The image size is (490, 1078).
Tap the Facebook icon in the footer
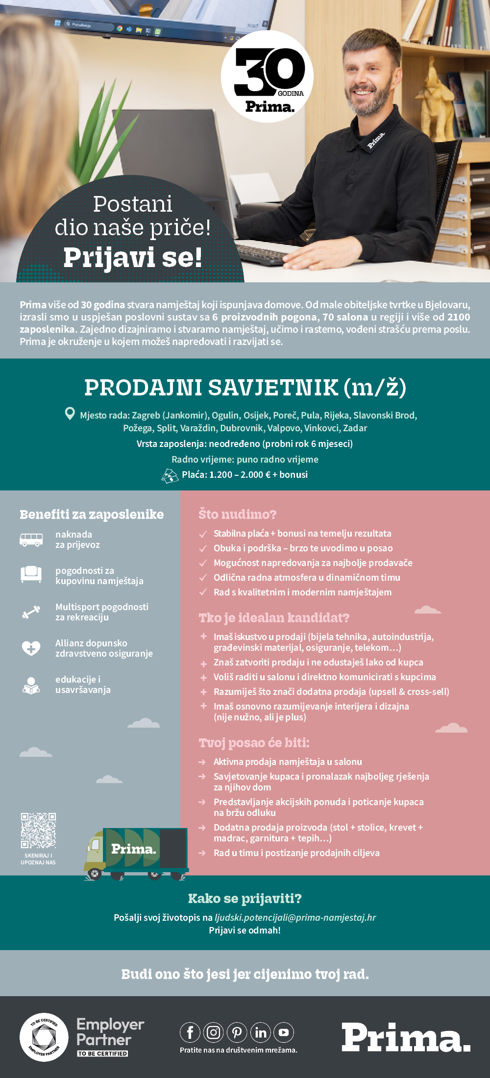pyautogui.click(x=190, y=1032)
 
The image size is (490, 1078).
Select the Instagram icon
pyautogui.click(x=214, y=1032)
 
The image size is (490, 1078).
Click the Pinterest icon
pyautogui.click(x=237, y=1032)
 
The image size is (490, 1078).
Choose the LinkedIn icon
pyautogui.click(x=261, y=1032)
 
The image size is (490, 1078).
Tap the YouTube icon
pyautogui.click(x=284, y=1032)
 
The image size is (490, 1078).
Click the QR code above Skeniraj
pyautogui.click(x=38, y=830)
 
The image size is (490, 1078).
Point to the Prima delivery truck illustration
pyautogui.click(x=136, y=853)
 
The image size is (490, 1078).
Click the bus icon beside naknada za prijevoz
pyautogui.click(x=31, y=539)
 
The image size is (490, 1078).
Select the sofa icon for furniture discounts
pyautogui.click(x=31, y=574)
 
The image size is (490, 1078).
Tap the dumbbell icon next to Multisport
pyautogui.click(x=31, y=612)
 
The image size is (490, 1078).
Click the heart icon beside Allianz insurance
pyautogui.click(x=31, y=648)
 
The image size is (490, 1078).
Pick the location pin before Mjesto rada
pyautogui.click(x=70, y=414)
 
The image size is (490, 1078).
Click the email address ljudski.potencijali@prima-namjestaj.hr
pyautogui.click(x=295, y=917)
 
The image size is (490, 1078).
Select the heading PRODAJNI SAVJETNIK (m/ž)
pyautogui.click(x=245, y=388)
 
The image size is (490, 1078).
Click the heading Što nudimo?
pyautogui.click(x=237, y=514)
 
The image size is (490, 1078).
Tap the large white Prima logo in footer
pyautogui.click(x=406, y=1037)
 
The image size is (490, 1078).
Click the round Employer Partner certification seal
pyautogui.click(x=44, y=1037)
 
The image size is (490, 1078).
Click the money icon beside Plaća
pyautogui.click(x=170, y=475)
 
